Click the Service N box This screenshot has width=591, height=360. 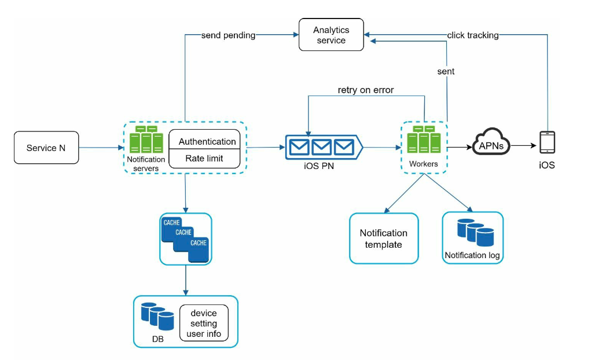46,148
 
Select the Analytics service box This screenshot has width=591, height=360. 331,35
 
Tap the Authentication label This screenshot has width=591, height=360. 207,141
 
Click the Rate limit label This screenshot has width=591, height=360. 204,158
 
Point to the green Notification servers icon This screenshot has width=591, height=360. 146,140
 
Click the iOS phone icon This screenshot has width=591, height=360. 547,142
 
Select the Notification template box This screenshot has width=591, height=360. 383,238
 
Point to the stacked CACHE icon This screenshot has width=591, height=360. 185,238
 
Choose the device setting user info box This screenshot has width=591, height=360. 204,324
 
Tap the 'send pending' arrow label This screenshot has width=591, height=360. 228,35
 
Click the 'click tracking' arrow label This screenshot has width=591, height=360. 472,35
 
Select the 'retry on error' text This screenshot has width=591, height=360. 366,90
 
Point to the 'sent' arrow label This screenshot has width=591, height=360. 446,71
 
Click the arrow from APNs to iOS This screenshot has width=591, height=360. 524,146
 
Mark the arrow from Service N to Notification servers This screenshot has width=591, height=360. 101,148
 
